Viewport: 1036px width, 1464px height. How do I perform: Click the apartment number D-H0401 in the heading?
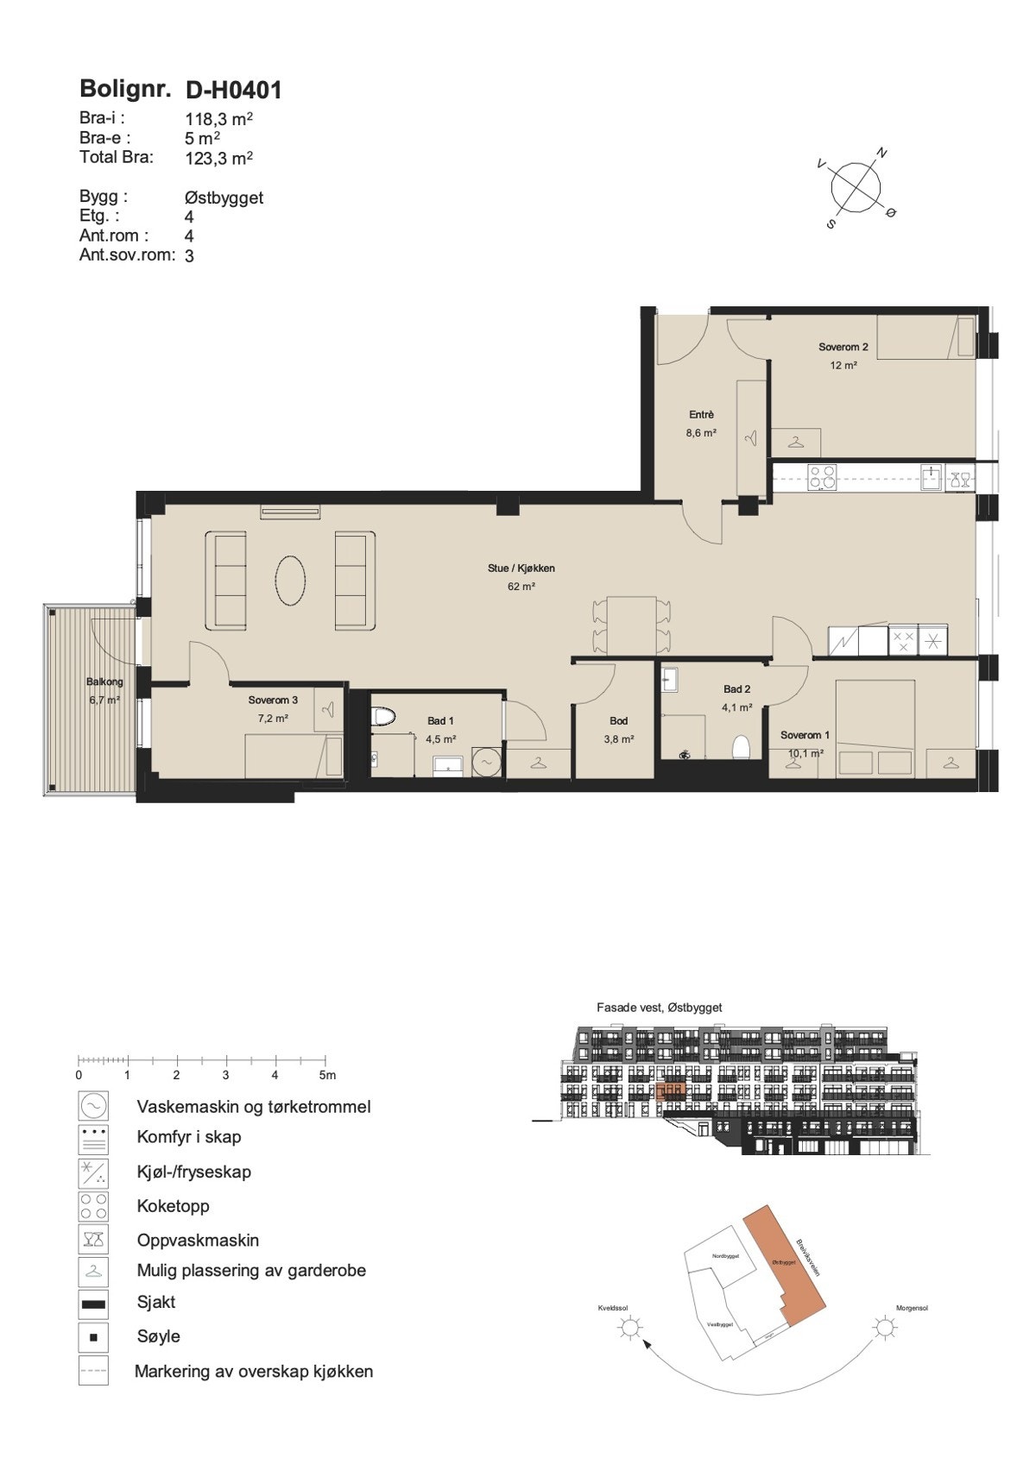(234, 90)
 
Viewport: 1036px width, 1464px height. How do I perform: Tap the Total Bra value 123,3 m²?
(218, 158)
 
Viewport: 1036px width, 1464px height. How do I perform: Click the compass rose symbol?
(856, 186)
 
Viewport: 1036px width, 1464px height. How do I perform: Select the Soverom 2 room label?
(843, 347)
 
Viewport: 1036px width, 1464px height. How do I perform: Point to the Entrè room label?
(701, 415)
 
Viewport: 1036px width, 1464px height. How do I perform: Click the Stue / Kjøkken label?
(521, 568)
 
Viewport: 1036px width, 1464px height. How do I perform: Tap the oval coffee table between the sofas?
(290, 580)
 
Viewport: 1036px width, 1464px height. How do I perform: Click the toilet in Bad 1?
(382, 717)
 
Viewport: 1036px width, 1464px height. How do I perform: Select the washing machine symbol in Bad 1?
(487, 762)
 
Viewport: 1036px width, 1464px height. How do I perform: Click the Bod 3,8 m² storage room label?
(618, 720)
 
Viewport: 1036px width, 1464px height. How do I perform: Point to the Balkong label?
(104, 682)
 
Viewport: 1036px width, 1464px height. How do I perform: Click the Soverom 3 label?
(273, 700)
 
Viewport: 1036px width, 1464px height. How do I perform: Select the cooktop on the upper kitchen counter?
(822, 478)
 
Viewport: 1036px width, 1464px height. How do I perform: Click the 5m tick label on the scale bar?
(326, 1075)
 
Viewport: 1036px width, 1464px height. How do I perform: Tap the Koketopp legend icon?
(93, 1205)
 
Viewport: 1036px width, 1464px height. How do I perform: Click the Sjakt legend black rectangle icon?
(93, 1304)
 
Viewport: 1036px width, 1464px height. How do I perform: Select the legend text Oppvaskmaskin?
(198, 1240)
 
